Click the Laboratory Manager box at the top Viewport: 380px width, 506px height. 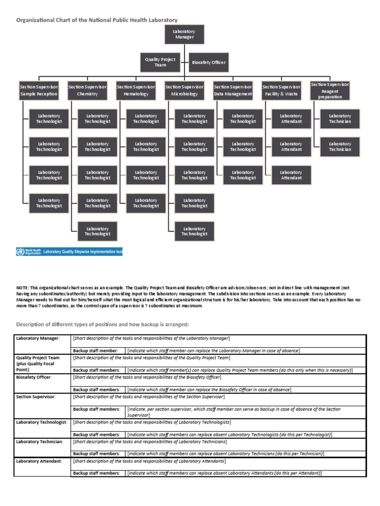tap(184, 34)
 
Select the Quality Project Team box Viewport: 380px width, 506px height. tap(160, 62)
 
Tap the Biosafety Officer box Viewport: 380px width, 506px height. tap(209, 62)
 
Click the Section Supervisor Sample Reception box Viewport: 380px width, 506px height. tap(39, 90)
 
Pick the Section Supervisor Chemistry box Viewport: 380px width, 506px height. tap(87, 90)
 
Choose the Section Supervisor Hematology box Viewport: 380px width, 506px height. tap(136, 90)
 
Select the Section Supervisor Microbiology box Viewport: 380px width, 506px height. tap(184, 90)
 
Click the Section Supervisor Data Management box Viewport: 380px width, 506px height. tap(233, 90)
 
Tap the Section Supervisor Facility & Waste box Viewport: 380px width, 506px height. tap(281, 90)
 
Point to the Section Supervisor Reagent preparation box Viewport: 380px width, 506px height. tap(330, 90)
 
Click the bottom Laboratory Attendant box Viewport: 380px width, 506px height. tap(291, 175)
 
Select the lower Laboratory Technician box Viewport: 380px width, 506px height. tap(340, 147)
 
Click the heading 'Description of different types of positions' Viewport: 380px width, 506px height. tap(102, 324)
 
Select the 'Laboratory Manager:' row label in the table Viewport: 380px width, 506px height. tap(38, 338)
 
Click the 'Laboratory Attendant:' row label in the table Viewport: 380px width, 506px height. tap(39, 461)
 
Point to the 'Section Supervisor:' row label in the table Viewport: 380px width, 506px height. tap(36, 397)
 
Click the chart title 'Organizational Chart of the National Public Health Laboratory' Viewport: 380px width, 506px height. tap(97, 20)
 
